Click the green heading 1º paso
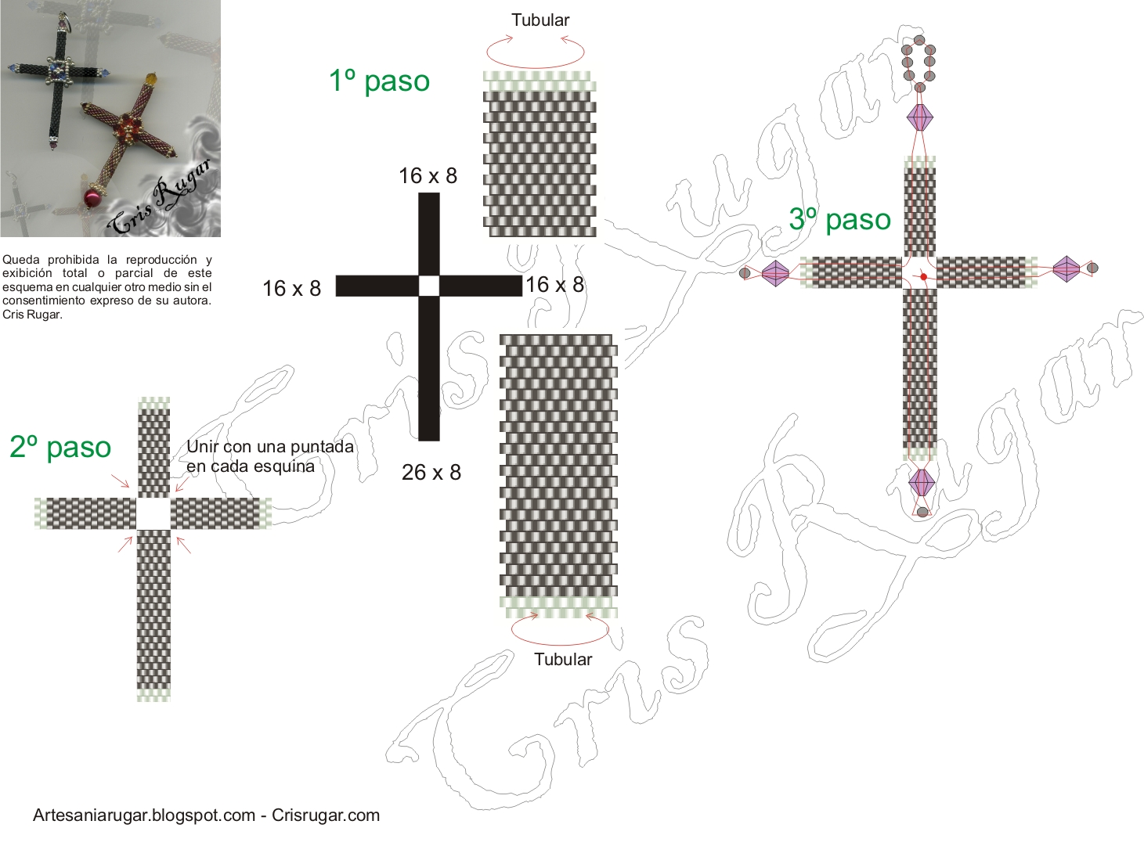pos(379,81)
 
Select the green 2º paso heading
pos(60,447)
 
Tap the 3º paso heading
pos(839,219)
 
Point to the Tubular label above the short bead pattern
pos(540,20)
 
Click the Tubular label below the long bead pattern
pos(563,659)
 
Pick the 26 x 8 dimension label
pos(431,473)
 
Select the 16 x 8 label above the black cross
pos(428,176)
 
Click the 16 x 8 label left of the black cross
pos(291,289)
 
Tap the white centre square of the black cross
pos(429,286)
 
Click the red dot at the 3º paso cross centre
pos(924,277)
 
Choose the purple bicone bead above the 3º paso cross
pos(920,117)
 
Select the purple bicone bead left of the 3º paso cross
pos(775,273)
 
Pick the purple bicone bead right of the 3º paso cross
pos(1066,268)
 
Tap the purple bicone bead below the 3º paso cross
pos(922,482)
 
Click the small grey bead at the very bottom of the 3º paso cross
pos(922,512)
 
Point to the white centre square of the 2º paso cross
pos(153,514)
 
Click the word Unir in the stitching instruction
pos(202,447)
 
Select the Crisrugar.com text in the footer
pos(326,815)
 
